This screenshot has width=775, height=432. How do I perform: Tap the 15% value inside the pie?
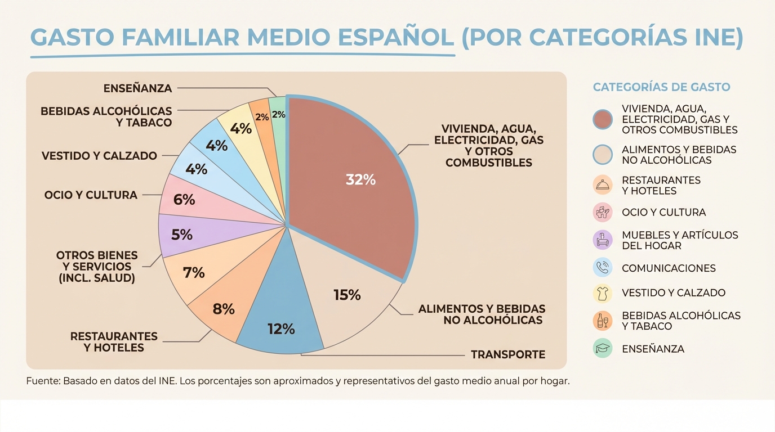(347, 295)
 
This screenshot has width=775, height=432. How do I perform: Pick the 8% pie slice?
(224, 309)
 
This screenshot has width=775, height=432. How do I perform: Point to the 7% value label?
(194, 273)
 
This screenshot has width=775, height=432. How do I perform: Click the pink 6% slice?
(184, 199)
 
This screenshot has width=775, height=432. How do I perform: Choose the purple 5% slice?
(182, 235)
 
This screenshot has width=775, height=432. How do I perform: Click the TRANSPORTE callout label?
(508, 354)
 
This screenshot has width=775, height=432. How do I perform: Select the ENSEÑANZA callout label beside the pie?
(137, 88)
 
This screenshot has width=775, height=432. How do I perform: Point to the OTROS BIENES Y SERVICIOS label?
(97, 267)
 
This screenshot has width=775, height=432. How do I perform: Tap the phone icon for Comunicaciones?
(603, 268)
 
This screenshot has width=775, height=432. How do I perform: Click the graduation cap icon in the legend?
(603, 348)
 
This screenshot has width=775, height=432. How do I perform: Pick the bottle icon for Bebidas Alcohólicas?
(603, 321)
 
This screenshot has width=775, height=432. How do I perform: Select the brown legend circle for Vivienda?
(603, 119)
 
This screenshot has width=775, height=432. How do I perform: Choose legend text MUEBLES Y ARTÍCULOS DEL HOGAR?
(680, 240)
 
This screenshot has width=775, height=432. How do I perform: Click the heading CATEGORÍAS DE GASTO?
(661, 87)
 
